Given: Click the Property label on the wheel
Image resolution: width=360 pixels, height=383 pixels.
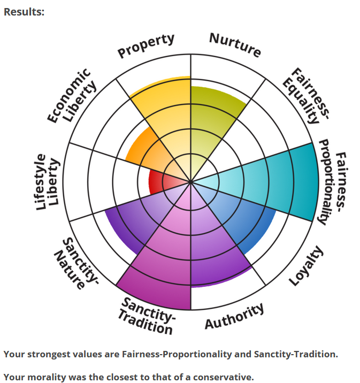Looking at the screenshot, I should (146, 46).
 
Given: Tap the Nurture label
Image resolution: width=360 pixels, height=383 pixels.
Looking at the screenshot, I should (235, 45).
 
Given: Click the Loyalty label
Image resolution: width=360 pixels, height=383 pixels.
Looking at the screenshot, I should (306, 265).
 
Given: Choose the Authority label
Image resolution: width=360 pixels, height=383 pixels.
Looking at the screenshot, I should (234, 316).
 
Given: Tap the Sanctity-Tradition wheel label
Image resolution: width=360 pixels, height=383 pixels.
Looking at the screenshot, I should (147, 316).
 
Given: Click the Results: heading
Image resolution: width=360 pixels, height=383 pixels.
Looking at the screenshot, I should (24, 11).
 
